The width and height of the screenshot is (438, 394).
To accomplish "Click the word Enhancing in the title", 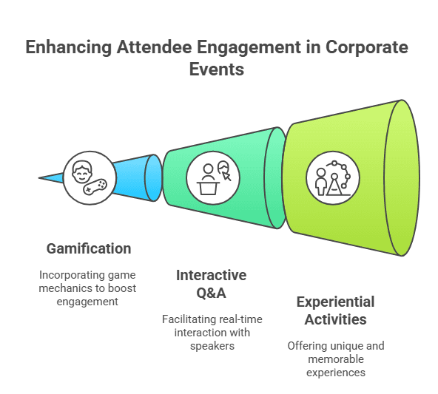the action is [68, 47].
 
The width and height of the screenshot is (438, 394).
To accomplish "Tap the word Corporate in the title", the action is [366, 47].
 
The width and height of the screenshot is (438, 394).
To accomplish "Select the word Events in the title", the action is [217, 69].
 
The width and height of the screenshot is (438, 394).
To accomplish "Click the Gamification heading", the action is [89, 248].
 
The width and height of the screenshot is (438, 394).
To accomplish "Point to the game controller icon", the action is [95, 187].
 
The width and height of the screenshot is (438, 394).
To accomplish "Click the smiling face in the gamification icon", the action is [82, 171].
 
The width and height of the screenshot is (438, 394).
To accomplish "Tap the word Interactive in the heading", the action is [211, 275].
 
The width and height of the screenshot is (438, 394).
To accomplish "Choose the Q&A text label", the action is [211, 293].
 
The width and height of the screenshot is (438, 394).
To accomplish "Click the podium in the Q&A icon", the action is [208, 188].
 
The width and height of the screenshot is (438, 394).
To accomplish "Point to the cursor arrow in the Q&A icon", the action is [226, 177].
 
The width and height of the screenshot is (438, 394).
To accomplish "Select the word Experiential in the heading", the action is [335, 302].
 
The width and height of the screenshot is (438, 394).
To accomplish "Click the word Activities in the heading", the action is [335, 319].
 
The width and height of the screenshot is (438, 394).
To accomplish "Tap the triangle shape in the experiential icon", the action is [334, 186].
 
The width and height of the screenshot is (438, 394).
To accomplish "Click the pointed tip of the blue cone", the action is [39, 177].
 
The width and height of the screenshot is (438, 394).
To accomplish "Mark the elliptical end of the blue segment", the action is [153, 177].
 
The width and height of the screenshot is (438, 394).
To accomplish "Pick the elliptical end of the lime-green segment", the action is [402, 177].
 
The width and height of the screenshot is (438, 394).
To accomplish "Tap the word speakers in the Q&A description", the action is [212, 346].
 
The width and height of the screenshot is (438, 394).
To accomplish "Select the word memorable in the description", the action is [336, 359].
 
